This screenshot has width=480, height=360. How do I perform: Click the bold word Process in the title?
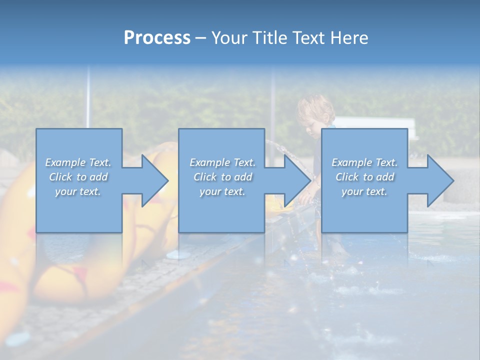[x=157, y=38]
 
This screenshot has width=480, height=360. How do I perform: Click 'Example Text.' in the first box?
[x=78, y=162]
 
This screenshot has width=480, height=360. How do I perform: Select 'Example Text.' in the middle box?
[x=222, y=162]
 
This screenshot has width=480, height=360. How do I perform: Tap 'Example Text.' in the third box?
[x=364, y=162]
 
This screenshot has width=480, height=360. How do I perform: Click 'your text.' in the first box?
[x=78, y=191]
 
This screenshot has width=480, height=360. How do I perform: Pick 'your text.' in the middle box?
[x=222, y=191]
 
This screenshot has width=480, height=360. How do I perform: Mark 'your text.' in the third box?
[x=364, y=191]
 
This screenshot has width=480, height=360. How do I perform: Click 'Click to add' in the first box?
[x=78, y=177]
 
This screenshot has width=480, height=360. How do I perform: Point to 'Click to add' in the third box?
[x=364, y=177]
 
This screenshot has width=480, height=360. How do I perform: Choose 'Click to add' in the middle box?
[x=222, y=177]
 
